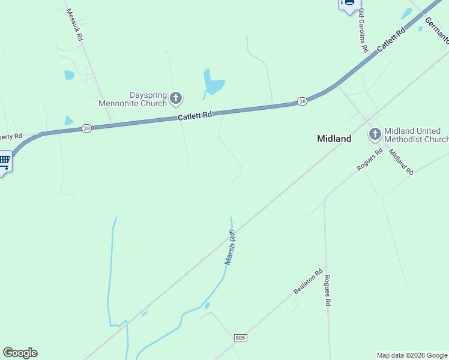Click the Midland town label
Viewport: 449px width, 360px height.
click(x=334, y=139)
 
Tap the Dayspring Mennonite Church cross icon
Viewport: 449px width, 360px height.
click(x=176, y=98)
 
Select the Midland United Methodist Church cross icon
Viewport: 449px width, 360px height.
click(x=375, y=134)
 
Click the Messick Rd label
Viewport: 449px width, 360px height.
click(x=75, y=25)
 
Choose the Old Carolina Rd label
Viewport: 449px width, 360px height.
click(x=363, y=34)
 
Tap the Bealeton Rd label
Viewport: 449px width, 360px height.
click(x=309, y=281)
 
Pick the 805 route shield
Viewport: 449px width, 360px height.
click(x=240, y=338)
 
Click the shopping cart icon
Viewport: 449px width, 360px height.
click(x=5, y=161)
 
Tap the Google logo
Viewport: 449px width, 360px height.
click(x=20, y=353)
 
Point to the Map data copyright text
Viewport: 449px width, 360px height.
click(x=412, y=355)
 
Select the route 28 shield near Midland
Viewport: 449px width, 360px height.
click(x=302, y=101)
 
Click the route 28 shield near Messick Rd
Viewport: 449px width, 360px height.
click(x=87, y=128)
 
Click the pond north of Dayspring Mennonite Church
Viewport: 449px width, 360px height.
click(x=212, y=83)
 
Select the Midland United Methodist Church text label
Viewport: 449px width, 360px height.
click(x=415, y=135)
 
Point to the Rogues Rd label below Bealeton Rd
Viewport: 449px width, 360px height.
click(x=327, y=291)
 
